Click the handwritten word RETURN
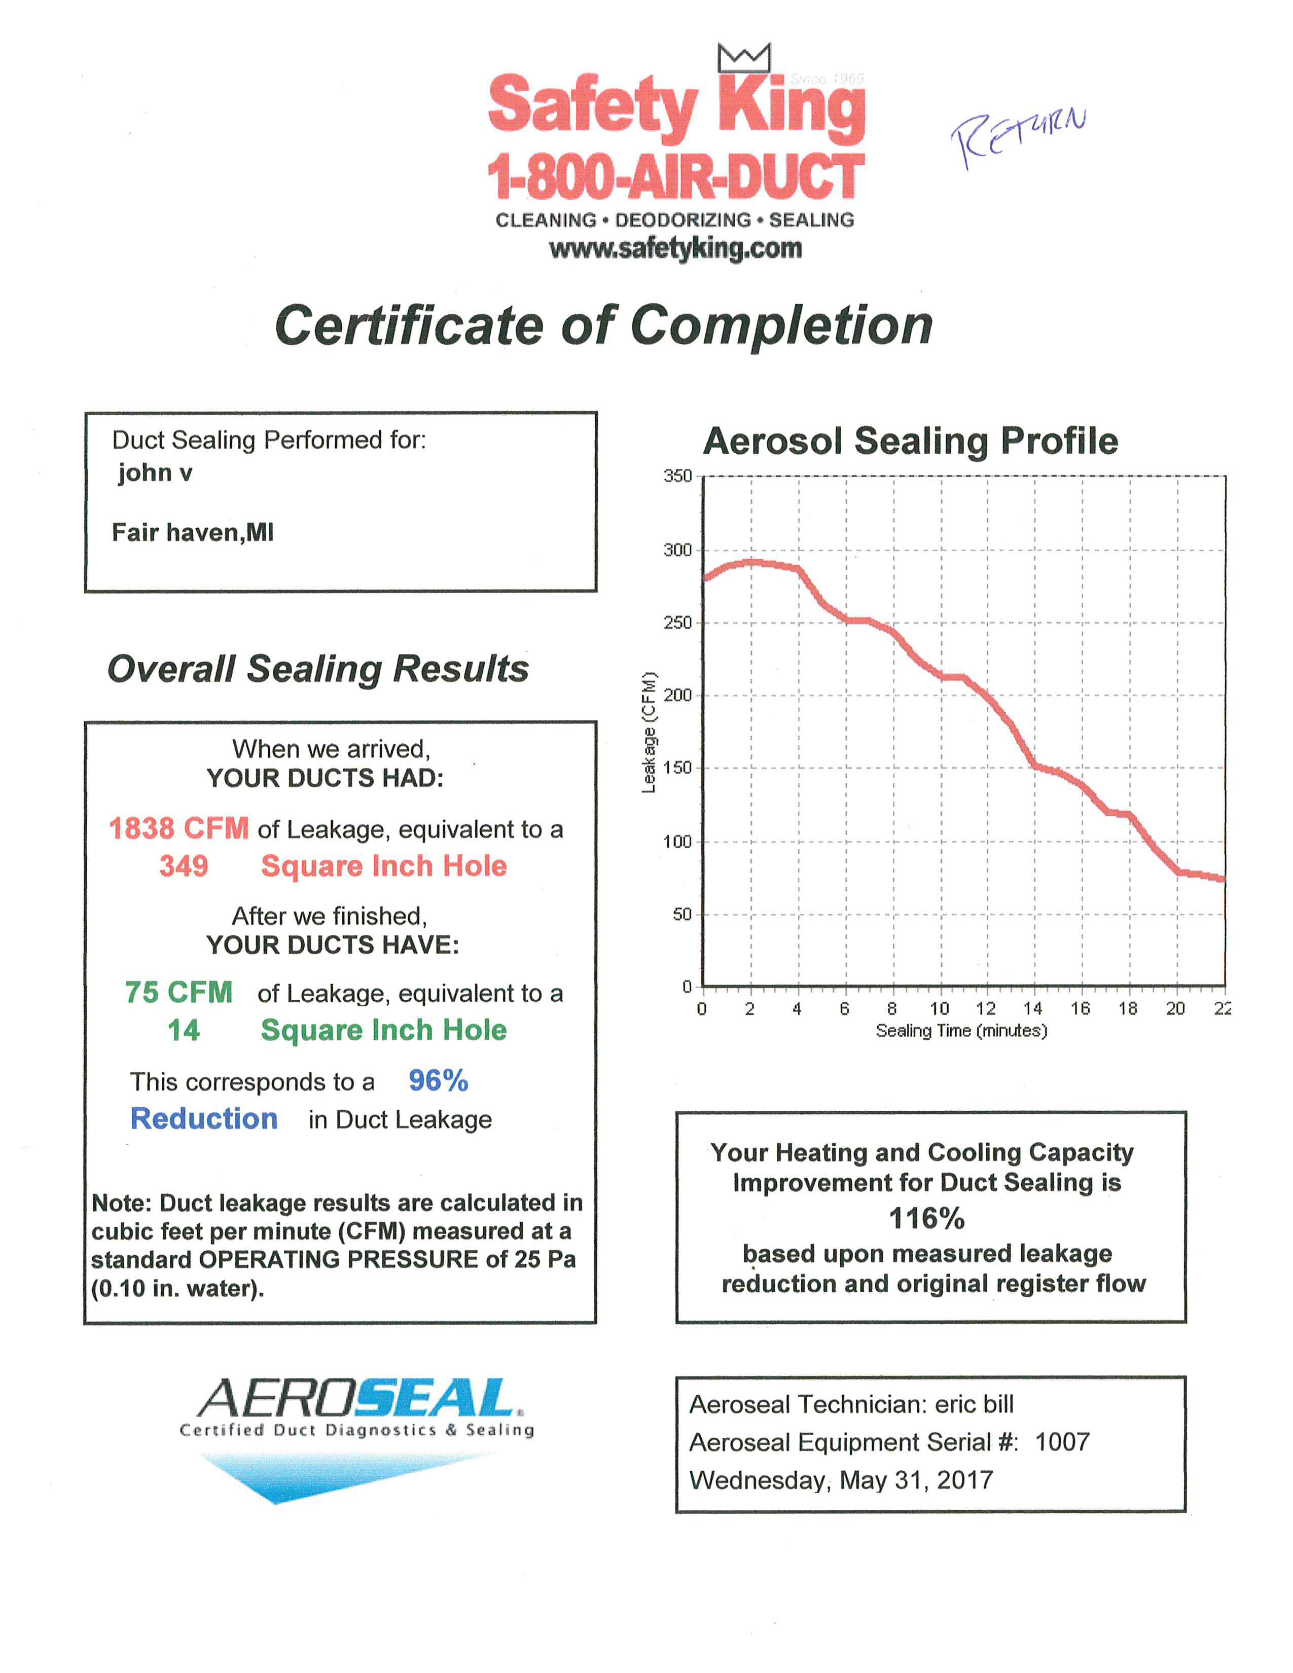pos(1017,136)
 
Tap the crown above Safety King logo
pos(743,58)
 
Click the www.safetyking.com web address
pos(675,248)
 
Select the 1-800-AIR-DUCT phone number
pos(675,176)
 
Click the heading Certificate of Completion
pos(603,325)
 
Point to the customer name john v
pos(154,472)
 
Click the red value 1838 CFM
pos(178,828)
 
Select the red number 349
pos(184,865)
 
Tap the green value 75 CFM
pos(178,992)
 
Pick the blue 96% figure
pos(438,1080)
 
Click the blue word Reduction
pos(204,1118)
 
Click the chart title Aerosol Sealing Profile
pos(910,441)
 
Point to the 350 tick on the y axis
pos(677,476)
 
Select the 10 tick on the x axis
pos(939,1008)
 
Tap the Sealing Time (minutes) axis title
pos(961,1030)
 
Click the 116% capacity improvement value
pos(926,1218)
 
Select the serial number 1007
pos(1062,1442)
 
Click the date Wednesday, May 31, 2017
pos(840,1479)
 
